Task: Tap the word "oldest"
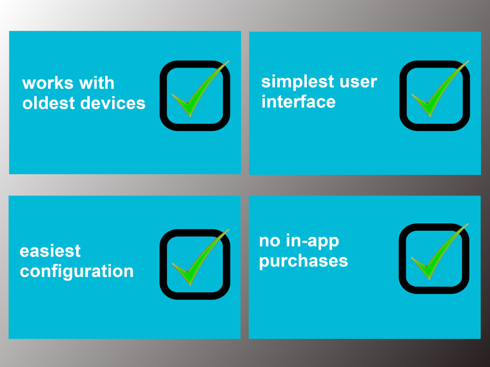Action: pos(49,103)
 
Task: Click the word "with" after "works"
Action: pos(97,83)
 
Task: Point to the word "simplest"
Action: pos(298,82)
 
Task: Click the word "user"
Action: pos(358,82)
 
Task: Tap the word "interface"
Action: pos(298,102)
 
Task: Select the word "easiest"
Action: pos(50,251)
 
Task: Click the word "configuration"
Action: pos(76,272)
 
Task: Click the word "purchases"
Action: pos(303,261)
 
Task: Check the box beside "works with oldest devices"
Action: pos(163,95)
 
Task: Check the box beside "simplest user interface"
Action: pos(403,95)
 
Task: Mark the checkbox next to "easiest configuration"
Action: pos(163,264)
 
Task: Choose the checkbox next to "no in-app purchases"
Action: pos(402,259)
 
